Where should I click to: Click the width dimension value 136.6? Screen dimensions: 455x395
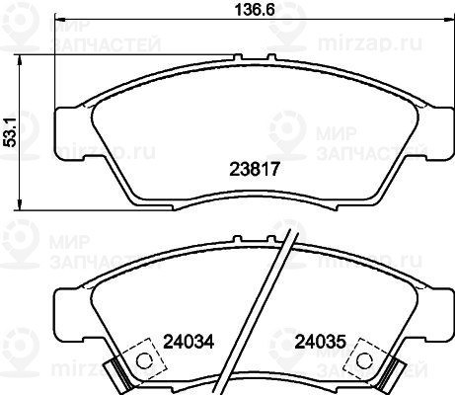point(255,10)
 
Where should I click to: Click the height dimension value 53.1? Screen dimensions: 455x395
point(11,132)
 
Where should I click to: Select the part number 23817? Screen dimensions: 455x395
point(254,169)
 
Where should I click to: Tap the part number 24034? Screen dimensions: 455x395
point(189,342)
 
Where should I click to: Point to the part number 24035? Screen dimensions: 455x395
point(320,342)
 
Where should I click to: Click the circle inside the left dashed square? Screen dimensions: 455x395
point(144,360)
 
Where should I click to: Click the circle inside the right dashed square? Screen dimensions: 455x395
point(365,360)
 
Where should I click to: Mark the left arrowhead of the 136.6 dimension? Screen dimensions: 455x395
point(59,19)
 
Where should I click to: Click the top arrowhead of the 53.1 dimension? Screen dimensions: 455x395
point(20,60)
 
